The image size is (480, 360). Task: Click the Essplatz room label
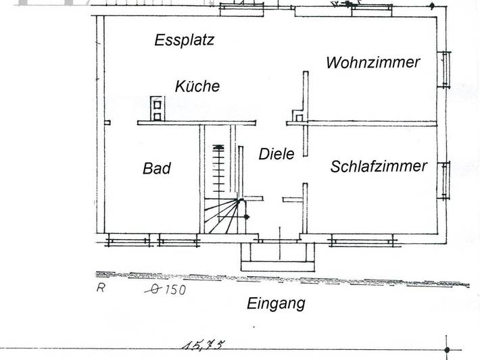tap(185, 41)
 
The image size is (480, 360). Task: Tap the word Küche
tap(197, 86)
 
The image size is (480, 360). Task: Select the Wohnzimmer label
tap(373, 62)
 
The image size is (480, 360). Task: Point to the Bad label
tap(157, 168)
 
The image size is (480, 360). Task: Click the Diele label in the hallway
tap(277, 153)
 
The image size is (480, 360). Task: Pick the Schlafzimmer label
tap(379, 166)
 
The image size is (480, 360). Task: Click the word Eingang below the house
tap(276, 304)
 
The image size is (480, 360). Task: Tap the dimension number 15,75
tap(203, 344)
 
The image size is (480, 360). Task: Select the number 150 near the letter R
tap(175, 289)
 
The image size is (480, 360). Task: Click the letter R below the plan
tap(101, 288)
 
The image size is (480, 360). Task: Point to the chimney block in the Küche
tap(158, 109)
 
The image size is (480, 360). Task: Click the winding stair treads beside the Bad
tap(222, 216)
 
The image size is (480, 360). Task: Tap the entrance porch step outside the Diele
tap(278, 257)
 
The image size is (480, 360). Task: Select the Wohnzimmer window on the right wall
tap(444, 70)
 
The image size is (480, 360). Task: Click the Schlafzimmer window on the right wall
tap(444, 180)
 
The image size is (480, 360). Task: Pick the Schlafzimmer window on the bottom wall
tap(362, 240)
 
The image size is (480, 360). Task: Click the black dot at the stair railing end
tap(247, 217)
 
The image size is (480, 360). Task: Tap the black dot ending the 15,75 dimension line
tap(447, 350)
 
